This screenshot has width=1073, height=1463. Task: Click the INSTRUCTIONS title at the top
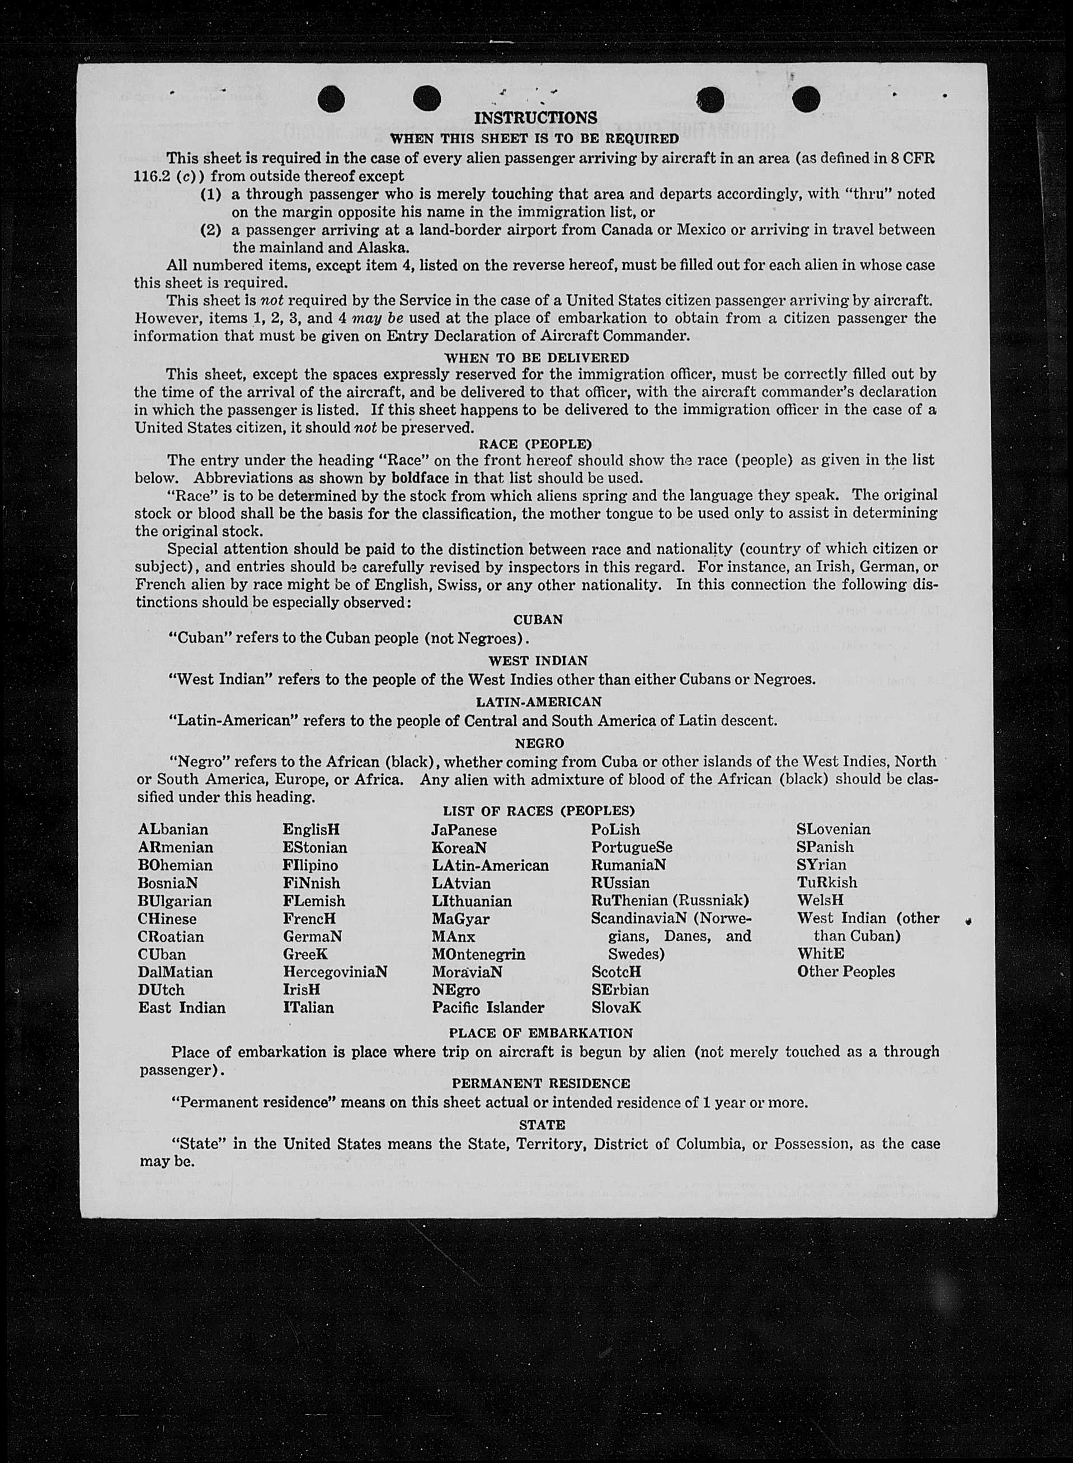click(535, 117)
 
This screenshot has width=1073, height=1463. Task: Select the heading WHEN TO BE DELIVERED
click(536, 357)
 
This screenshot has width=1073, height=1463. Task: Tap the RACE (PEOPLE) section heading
click(535, 444)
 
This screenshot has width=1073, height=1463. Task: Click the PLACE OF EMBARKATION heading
click(540, 1033)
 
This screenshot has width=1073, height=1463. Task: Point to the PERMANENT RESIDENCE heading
click(540, 1083)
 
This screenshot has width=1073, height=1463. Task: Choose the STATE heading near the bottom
click(542, 1124)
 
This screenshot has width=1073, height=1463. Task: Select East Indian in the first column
click(182, 1008)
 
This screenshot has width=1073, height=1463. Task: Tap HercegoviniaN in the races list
click(335, 972)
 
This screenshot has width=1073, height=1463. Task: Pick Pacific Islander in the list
click(488, 1008)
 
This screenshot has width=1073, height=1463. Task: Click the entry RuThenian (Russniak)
click(670, 900)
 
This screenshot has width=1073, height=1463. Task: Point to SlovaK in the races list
click(616, 1008)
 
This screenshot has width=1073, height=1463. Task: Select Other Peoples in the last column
click(846, 972)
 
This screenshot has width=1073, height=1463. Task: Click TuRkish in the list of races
click(827, 882)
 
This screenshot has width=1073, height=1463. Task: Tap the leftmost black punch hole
click(331, 98)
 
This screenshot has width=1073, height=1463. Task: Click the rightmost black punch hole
click(806, 98)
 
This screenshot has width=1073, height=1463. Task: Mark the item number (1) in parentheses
click(210, 194)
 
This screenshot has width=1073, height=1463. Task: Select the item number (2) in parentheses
click(210, 230)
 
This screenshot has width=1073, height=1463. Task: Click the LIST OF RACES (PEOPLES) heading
click(538, 811)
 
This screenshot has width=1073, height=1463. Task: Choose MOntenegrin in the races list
click(478, 955)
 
